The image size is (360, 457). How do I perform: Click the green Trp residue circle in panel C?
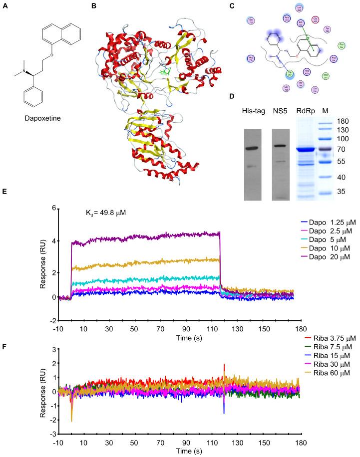(x=289, y=74)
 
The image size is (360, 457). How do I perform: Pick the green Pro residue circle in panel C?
(x=341, y=46)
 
